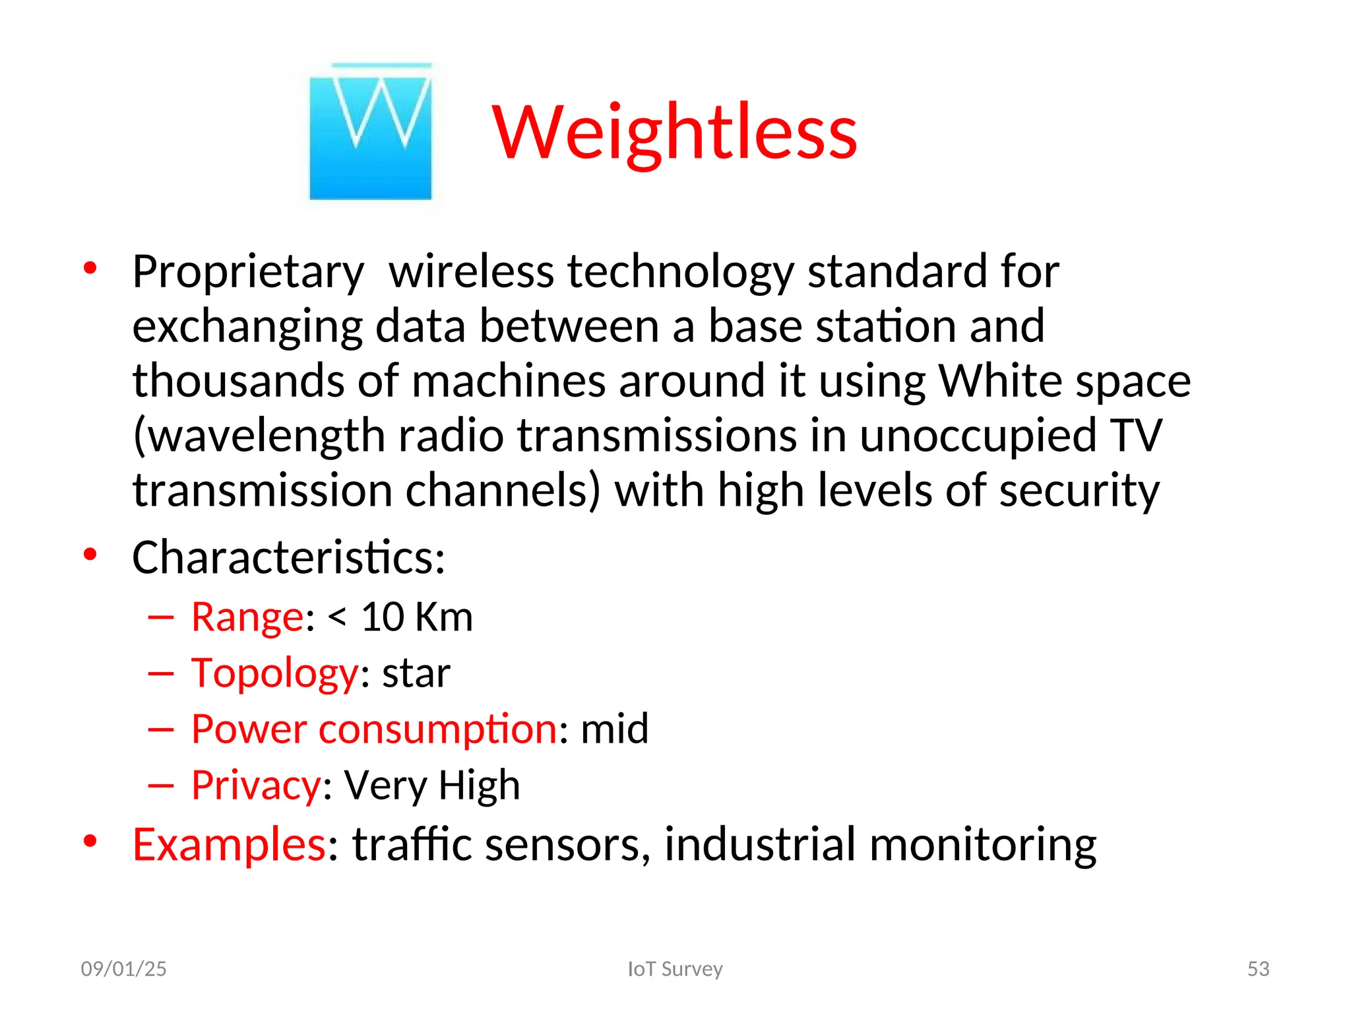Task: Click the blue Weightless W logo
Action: pyautogui.click(x=370, y=132)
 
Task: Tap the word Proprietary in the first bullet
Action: pyautogui.click(x=247, y=271)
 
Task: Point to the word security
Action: pyautogui.click(x=1079, y=490)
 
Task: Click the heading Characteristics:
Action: pyautogui.click(x=288, y=557)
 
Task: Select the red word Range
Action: pyautogui.click(x=247, y=617)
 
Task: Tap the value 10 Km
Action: pyautogui.click(x=416, y=617)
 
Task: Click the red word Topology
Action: pyautogui.click(x=274, y=673)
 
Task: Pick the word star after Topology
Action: pyautogui.click(x=416, y=673)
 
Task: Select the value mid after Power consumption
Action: pyautogui.click(x=614, y=729)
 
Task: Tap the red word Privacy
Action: pyautogui.click(x=256, y=785)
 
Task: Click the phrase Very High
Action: pyautogui.click(x=432, y=785)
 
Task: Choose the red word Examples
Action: pyautogui.click(x=229, y=844)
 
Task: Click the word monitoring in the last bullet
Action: pyautogui.click(x=982, y=844)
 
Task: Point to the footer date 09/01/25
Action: pyautogui.click(x=123, y=968)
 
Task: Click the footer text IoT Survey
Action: pyautogui.click(x=675, y=968)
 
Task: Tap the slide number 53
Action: pyautogui.click(x=1258, y=968)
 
